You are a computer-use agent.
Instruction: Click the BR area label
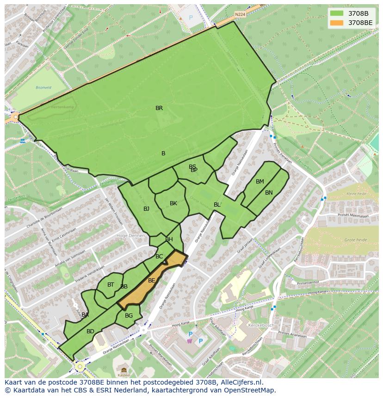point(159,108)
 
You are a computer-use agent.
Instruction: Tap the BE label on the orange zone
point(152,281)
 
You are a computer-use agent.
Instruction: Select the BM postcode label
point(260,182)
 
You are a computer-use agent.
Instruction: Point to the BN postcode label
point(269,193)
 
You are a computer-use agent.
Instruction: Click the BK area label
point(173,203)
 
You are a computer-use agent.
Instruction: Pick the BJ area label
point(146,209)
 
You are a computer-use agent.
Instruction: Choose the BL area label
point(217,205)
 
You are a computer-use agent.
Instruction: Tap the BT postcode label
point(111,285)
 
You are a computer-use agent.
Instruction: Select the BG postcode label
point(129,316)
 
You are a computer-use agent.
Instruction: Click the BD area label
point(90,331)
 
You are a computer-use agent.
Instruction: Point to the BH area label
point(169,239)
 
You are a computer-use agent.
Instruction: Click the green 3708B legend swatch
point(337,13)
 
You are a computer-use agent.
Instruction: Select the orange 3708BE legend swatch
point(337,22)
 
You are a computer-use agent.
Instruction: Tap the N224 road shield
point(240,14)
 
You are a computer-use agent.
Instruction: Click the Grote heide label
point(355,240)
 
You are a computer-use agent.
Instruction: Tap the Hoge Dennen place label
point(130,236)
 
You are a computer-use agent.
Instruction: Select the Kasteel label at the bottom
point(124,375)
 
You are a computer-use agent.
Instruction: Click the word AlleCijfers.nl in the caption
point(241,382)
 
